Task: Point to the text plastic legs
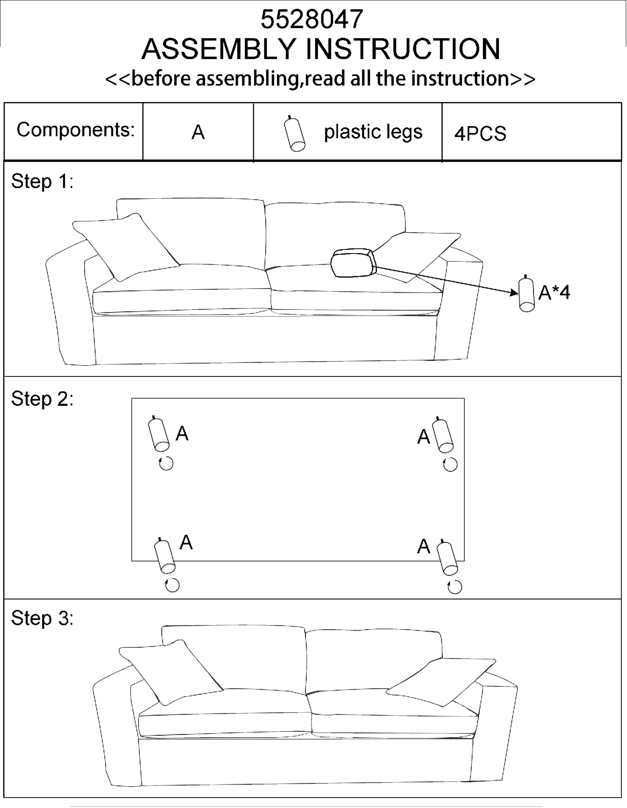(x=373, y=132)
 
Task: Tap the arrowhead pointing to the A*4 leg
(x=514, y=293)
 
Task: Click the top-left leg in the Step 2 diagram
(x=159, y=435)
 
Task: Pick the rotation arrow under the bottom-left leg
(x=172, y=585)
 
